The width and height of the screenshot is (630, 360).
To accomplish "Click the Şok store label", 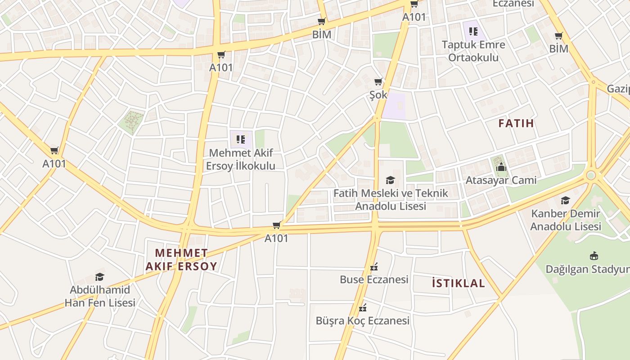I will (378, 95).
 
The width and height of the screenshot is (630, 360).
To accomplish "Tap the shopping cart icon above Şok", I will (378, 82).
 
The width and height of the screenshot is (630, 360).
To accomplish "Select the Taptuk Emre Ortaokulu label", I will (473, 51).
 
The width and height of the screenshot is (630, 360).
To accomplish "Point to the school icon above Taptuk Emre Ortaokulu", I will (473, 31).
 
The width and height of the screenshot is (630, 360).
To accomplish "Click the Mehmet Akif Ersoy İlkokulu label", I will (240, 159).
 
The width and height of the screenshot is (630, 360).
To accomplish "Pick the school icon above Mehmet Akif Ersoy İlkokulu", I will (240, 139).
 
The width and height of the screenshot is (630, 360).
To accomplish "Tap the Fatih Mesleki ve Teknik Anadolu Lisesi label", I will (390, 199).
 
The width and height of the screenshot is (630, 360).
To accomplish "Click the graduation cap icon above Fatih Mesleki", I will (390, 180).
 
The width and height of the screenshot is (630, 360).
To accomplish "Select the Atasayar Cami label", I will (501, 180).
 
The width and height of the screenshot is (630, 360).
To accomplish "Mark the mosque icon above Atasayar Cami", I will (501, 168).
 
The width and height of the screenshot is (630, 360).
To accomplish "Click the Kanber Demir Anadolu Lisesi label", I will (565, 220).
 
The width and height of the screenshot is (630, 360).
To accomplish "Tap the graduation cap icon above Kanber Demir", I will (565, 200).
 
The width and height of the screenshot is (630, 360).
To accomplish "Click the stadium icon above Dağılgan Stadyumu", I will (594, 256).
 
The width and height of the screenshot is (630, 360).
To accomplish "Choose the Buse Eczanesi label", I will (374, 279).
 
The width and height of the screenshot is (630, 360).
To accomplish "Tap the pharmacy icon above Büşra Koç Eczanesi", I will (363, 308).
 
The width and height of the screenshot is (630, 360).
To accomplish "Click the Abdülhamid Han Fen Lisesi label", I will (100, 296).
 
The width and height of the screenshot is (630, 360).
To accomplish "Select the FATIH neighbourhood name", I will (516, 123).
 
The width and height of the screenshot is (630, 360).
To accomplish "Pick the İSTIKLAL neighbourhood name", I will (458, 283).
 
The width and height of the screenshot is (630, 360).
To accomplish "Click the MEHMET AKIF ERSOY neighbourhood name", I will (181, 259).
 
